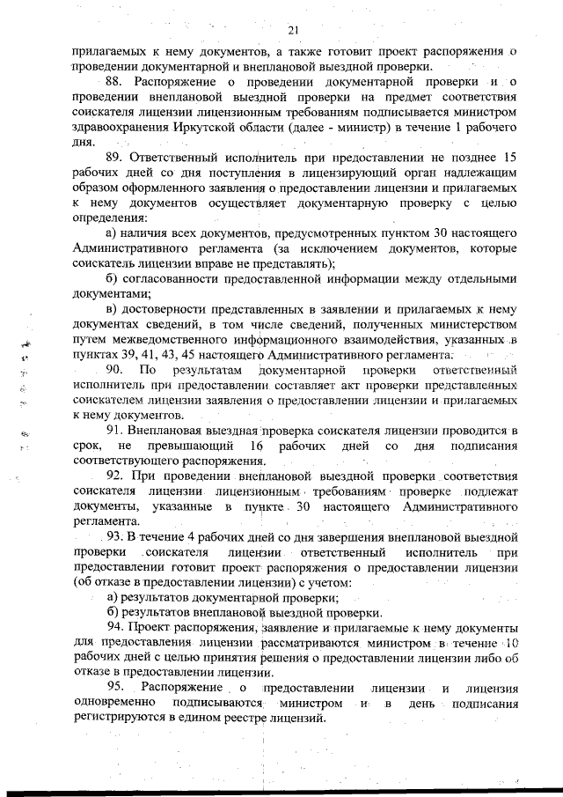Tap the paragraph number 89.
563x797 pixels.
coord(116,156)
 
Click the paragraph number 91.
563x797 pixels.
coord(116,430)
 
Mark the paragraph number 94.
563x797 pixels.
coord(116,626)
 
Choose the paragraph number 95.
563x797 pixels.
coord(116,687)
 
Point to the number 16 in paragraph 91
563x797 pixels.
coord(257,446)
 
